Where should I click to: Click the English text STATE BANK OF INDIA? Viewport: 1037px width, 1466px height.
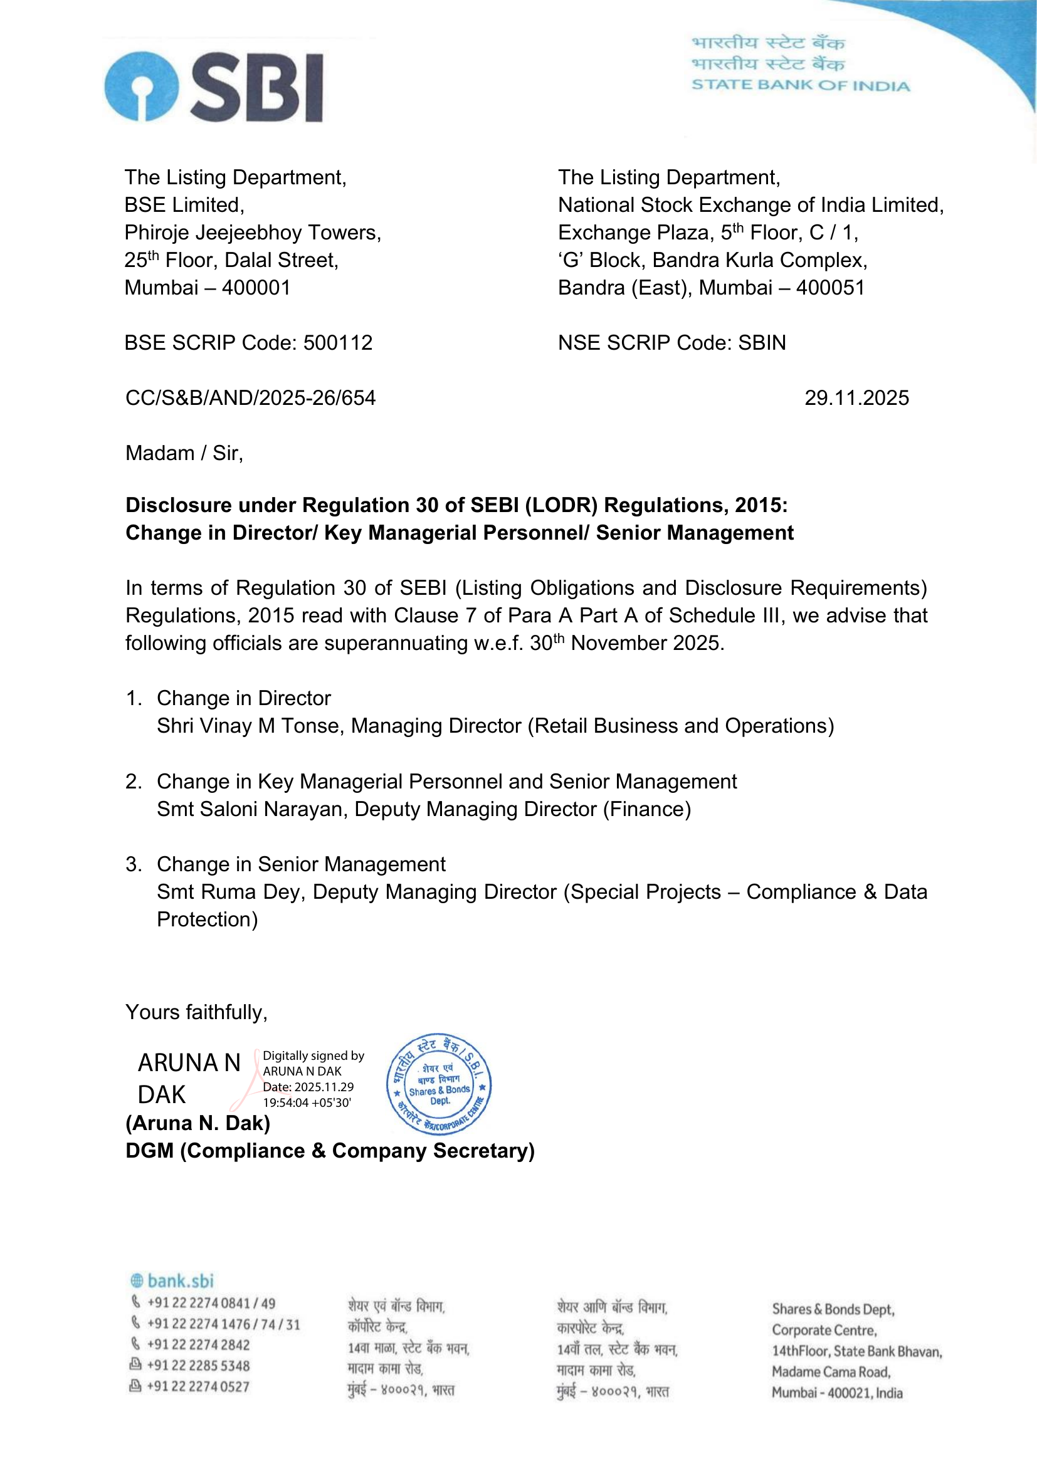(800, 86)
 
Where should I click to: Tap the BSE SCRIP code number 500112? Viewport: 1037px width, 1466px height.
(338, 343)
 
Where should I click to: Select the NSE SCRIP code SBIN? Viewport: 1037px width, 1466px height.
(762, 343)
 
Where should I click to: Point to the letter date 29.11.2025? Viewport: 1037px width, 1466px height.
(856, 398)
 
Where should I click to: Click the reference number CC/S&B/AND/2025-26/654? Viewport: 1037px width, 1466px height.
(250, 398)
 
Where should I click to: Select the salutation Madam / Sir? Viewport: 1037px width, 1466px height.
(184, 453)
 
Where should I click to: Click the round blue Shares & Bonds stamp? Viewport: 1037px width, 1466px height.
(439, 1084)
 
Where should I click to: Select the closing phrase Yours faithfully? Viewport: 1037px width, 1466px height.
(196, 1013)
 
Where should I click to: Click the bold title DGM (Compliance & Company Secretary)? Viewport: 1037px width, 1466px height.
(330, 1151)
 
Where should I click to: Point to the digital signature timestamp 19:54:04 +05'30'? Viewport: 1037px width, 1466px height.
(307, 1102)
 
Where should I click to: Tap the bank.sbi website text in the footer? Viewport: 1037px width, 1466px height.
(180, 1281)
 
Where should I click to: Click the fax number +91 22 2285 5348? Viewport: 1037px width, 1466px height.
(198, 1365)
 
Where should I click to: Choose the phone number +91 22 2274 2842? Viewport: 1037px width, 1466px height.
(198, 1344)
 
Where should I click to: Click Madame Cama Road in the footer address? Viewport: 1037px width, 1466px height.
(831, 1371)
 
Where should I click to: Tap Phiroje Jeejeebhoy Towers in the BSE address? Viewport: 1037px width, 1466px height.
(252, 233)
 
